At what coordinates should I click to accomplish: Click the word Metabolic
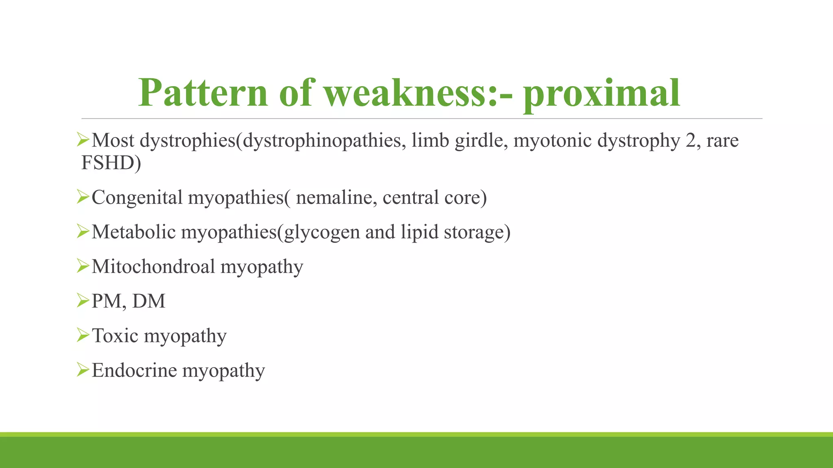click(133, 232)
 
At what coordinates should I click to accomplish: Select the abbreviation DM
click(149, 301)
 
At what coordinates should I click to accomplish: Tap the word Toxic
click(115, 336)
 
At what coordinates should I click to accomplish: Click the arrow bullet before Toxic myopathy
click(83, 335)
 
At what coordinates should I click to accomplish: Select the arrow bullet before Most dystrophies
click(83, 140)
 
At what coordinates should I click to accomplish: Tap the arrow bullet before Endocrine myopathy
click(83, 370)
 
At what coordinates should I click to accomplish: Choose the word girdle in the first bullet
click(479, 141)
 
